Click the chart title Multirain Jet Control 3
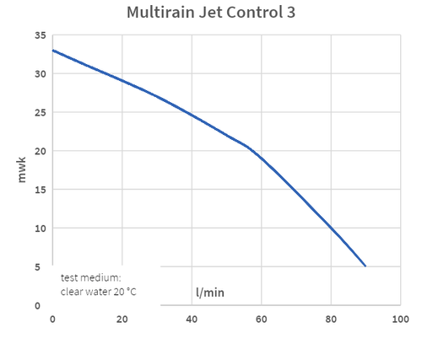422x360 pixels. point(211,13)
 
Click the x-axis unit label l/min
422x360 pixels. point(210,293)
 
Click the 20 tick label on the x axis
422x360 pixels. point(122,320)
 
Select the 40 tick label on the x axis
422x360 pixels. point(192,320)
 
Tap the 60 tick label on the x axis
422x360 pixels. point(262,320)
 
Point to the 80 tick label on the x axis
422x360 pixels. point(331,320)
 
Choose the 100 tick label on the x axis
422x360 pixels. point(401,320)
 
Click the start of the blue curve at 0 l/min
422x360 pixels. point(52,51)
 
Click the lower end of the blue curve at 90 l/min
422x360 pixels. point(365,266)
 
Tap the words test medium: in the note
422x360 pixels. point(90,277)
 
